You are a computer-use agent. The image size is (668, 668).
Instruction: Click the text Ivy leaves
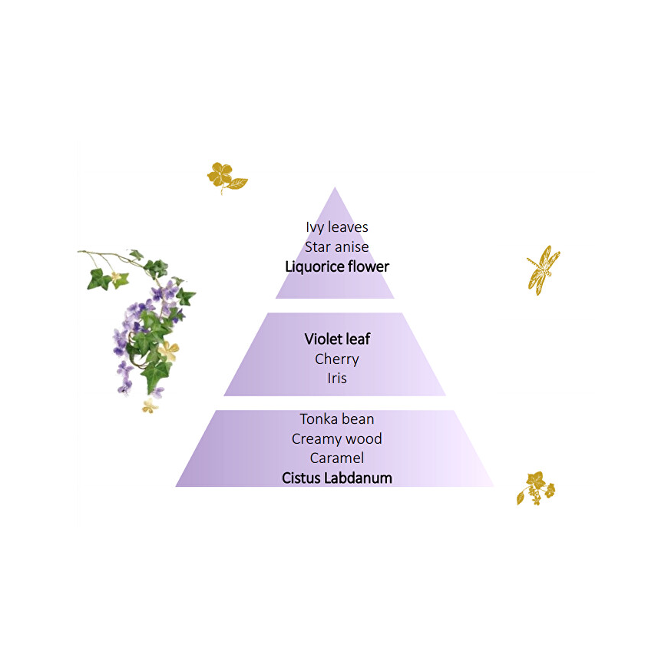[x=336, y=227]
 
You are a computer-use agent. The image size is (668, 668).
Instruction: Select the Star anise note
[x=336, y=247]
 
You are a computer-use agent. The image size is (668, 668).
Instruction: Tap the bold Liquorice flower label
[x=337, y=266]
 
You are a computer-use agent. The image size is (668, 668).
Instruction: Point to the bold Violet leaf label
[x=337, y=339]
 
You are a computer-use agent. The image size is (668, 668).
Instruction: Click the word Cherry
[x=336, y=359]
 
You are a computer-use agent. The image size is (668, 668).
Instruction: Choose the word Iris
[x=336, y=379]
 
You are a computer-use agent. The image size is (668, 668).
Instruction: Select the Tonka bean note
[x=336, y=419]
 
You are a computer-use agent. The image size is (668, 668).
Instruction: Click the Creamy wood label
[x=336, y=438]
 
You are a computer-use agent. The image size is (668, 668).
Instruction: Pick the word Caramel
[x=336, y=458]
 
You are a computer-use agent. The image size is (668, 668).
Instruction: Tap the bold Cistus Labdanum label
[x=336, y=478]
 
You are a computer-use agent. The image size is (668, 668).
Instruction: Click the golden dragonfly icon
[x=544, y=270]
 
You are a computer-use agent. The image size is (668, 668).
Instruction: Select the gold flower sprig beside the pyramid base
[x=536, y=488]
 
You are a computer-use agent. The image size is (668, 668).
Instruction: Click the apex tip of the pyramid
[x=335, y=187]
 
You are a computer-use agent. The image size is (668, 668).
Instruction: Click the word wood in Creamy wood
[x=364, y=438]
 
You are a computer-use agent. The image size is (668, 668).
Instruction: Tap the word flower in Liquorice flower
[x=369, y=266]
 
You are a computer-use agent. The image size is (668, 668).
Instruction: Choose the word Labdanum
[x=358, y=478]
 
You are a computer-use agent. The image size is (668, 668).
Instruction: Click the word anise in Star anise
[x=352, y=247]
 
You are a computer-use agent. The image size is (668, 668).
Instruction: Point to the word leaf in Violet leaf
[x=359, y=339]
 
